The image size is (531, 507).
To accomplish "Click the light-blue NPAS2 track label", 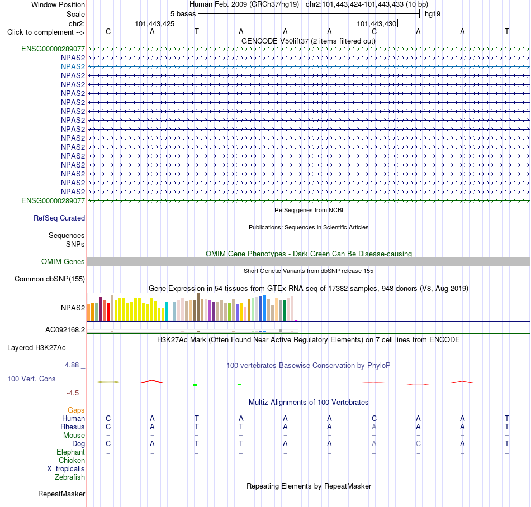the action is [73, 66].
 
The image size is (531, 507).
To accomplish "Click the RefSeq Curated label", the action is [59, 218].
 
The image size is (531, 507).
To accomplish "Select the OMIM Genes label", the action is [63, 261].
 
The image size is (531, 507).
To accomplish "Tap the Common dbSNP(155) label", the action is [50, 279].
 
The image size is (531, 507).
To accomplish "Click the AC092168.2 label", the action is [65, 330].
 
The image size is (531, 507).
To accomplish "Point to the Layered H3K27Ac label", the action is [36, 348].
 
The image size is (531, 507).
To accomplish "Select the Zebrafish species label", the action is [70, 477].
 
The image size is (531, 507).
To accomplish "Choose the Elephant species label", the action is [71, 452].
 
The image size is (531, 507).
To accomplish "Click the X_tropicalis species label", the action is [66, 469].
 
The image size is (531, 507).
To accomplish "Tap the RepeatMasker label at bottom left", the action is [61, 494].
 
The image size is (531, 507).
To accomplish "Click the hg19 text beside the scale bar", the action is [433, 14].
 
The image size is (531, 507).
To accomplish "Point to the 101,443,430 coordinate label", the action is [377, 23].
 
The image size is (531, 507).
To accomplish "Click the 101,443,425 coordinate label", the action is [155, 23].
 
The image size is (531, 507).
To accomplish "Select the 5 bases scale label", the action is [183, 14].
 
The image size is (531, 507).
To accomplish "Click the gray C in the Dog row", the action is [418, 444].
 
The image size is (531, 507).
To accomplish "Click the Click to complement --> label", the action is [46, 32].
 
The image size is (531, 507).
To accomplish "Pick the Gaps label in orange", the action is [76, 410].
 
